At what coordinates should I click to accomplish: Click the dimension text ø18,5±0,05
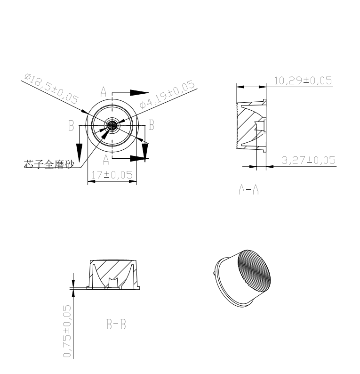point(51,89)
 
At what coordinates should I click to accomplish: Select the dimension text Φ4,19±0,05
point(167,94)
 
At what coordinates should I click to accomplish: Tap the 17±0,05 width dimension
point(112,175)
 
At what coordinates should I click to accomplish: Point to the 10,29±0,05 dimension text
point(303,81)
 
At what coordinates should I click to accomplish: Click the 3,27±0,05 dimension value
point(309,160)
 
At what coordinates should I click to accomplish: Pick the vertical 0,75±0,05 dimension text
point(67,331)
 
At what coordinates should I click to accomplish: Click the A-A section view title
point(248,190)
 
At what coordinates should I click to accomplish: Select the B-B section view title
point(116,325)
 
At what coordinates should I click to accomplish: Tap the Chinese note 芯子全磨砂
point(49,164)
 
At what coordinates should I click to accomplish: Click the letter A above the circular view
point(103,91)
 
